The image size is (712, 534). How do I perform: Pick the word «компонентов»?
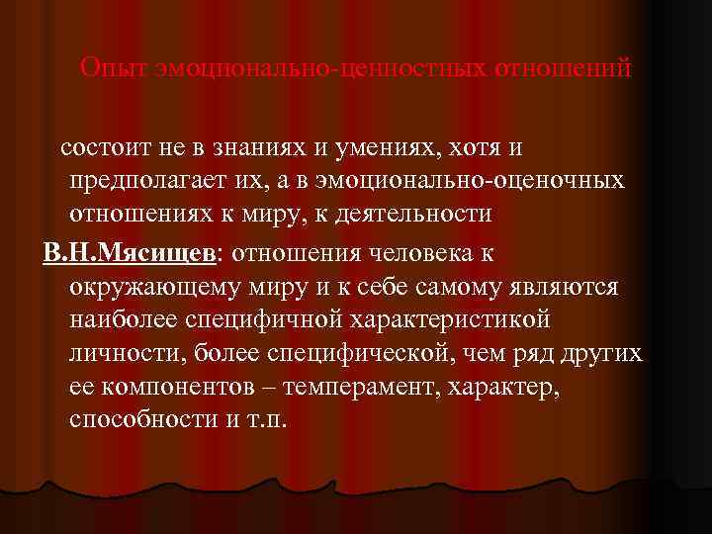pos(191,387)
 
